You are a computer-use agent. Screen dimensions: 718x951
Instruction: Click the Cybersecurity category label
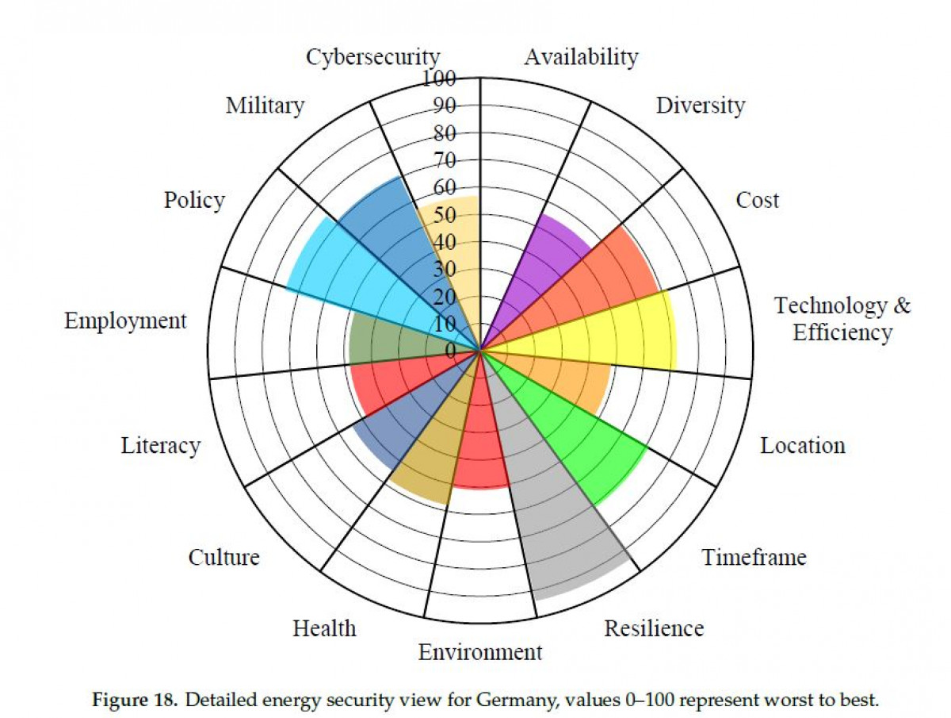[x=372, y=58]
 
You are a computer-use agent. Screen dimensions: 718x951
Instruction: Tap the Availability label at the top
[x=581, y=57]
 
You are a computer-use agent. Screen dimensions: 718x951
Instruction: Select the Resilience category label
[x=654, y=628]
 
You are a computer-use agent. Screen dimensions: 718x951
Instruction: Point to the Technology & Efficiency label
[x=842, y=318]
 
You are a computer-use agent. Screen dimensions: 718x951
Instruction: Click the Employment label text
[x=125, y=321]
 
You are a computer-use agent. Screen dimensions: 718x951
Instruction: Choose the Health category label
[x=324, y=628]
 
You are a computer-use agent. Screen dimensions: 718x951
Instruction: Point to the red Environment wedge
[x=482, y=444]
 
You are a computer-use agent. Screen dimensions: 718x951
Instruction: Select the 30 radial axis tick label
[x=446, y=269]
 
